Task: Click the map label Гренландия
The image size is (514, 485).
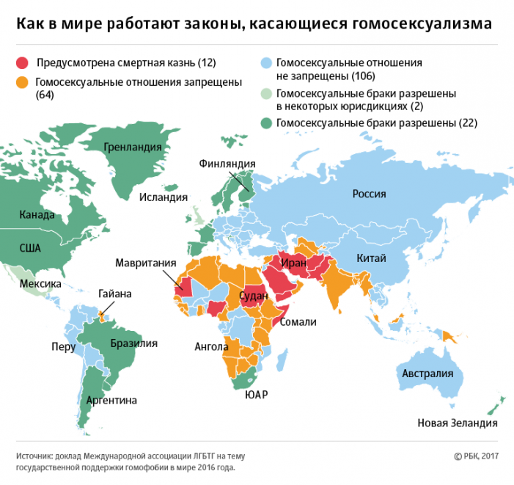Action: pos(132,147)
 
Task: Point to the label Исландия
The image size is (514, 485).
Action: pos(164,197)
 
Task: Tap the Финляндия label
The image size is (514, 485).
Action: pos(227,164)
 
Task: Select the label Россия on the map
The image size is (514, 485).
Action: pos(369,194)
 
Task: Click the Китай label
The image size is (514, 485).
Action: pos(370,258)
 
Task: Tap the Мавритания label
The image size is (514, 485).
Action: pos(145,263)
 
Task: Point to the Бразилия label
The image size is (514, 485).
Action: pos(133,343)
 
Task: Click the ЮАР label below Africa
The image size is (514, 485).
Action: pos(256,395)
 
